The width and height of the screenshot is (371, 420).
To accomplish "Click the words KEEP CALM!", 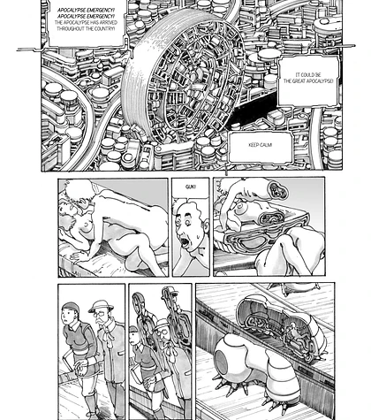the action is coord(260,145).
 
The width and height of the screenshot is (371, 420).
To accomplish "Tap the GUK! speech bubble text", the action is coord(191,187).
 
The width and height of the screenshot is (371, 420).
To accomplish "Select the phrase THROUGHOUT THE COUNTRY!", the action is coord(86,29).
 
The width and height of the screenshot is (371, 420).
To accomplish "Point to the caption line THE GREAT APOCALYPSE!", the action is coord(308,81).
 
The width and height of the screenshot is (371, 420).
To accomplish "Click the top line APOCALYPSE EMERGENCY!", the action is coord(86,10).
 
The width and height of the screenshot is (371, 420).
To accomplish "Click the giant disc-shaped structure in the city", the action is coord(183,77).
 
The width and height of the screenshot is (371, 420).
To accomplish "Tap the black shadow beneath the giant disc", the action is coord(254,109).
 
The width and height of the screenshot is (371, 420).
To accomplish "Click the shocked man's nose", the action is coord(182,230).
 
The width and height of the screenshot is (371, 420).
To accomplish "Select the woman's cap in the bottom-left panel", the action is coord(71,307).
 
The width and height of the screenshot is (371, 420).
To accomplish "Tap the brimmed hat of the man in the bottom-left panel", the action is coord(101,306).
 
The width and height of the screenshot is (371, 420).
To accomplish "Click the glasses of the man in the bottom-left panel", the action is coord(99,314).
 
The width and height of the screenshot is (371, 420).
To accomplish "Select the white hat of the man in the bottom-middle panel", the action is coord(162,324).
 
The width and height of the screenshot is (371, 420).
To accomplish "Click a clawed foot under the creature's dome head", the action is coord(232,389).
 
